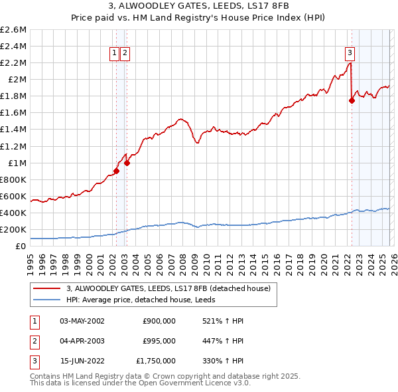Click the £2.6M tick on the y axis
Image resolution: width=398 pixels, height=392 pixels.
click(15, 30)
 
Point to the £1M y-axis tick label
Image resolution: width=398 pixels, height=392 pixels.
click(17, 163)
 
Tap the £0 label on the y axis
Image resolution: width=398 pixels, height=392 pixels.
click(22, 246)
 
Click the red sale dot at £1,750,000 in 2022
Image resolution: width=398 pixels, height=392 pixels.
click(352, 100)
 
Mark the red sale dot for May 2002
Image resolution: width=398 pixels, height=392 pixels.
click(116, 171)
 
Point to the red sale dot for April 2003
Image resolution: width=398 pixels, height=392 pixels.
click(127, 163)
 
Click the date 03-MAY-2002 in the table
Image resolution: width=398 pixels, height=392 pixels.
click(82, 321)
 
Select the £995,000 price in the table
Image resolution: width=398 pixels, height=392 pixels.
click(159, 341)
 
